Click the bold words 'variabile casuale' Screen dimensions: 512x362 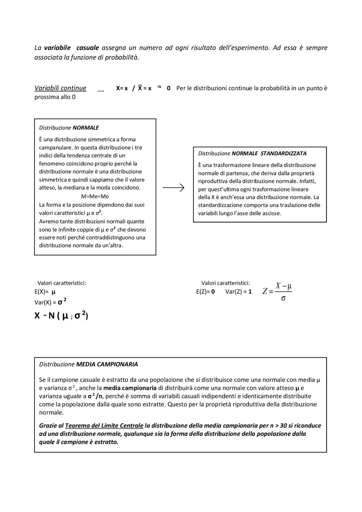pos(71,48)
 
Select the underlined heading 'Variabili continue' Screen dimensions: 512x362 pos(60,88)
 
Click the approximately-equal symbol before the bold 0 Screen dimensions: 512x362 pos(159,87)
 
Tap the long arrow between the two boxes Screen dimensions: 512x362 pos(173,187)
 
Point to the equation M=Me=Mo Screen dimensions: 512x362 pos(95,196)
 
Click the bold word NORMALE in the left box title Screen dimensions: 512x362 pos(86,128)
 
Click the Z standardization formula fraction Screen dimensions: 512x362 pos(277,291)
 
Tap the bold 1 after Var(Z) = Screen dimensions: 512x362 pos(250,292)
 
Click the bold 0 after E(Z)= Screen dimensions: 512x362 pos(213,292)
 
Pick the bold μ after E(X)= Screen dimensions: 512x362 pos(53,292)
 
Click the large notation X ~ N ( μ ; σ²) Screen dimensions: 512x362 pos(61,316)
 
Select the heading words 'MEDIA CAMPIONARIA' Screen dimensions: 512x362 pos(107,364)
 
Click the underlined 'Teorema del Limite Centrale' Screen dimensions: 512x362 pos(104,426)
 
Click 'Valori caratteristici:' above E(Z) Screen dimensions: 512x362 pos(225,283)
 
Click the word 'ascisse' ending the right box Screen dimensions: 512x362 pos(272,213)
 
